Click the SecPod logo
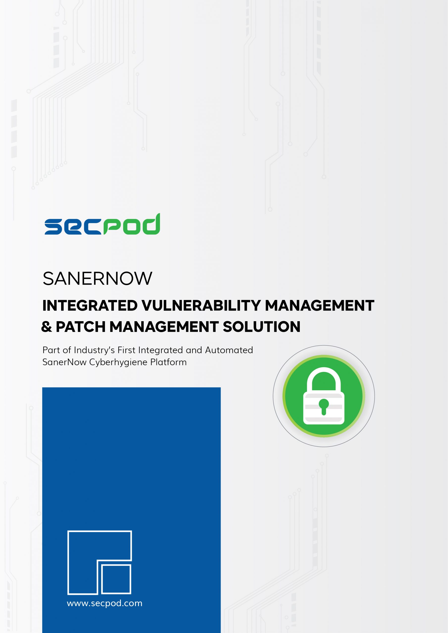pyautogui.click(x=102, y=224)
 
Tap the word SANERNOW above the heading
pyautogui.click(x=97, y=278)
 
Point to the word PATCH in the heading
pyautogui.click(x=81, y=327)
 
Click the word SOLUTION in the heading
pyautogui.click(x=261, y=327)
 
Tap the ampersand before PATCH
pyautogui.click(x=46, y=327)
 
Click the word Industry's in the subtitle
pyautogui.click(x=94, y=350)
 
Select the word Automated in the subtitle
pyautogui.click(x=229, y=350)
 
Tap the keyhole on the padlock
pyautogui.click(x=324, y=407)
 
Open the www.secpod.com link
pyautogui.click(x=105, y=603)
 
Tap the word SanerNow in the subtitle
pyautogui.click(x=64, y=362)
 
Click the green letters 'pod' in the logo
pyautogui.click(x=132, y=224)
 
